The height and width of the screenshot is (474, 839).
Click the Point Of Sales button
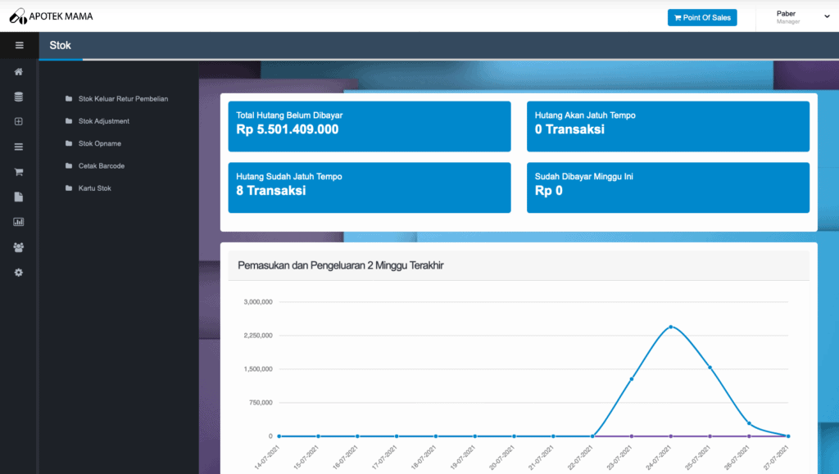[x=702, y=18]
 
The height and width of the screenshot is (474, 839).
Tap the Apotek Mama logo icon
[x=18, y=16]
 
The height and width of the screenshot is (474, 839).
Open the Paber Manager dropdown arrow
[x=827, y=16]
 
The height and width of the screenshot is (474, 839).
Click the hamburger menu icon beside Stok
[x=20, y=45]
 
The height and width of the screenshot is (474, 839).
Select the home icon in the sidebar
[x=19, y=71]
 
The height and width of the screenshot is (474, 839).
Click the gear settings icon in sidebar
[x=19, y=273]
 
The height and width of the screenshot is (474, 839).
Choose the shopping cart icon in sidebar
[x=19, y=172]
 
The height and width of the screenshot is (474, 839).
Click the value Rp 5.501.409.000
[x=288, y=129]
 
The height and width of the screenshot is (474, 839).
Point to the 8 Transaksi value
[x=270, y=191]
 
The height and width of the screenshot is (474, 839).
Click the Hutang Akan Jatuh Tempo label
[x=585, y=115]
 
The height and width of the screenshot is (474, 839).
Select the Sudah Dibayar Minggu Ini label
[x=583, y=177]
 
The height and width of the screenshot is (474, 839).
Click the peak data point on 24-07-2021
[x=671, y=327]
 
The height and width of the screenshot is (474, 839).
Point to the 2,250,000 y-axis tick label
[x=258, y=336]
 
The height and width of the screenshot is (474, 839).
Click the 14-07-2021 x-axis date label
[x=267, y=458]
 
